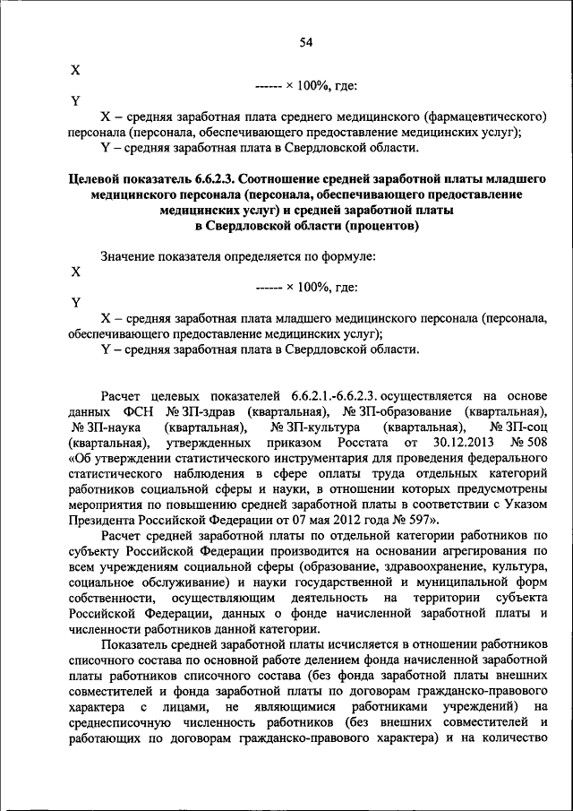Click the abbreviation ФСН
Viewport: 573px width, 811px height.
click(x=136, y=410)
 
